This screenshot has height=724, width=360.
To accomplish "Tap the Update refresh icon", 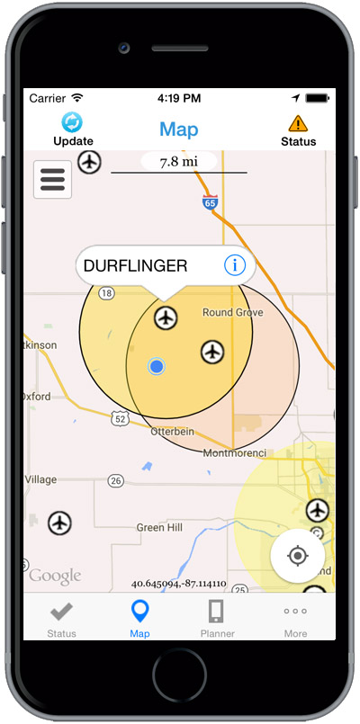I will (72, 122).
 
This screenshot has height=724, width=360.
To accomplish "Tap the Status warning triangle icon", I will (298, 122).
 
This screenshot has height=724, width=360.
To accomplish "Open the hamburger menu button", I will (52, 179).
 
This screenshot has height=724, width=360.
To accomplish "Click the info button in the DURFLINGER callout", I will (234, 265).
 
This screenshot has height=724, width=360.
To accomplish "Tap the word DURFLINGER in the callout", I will (135, 266).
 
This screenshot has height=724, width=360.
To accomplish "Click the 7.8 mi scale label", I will (178, 162).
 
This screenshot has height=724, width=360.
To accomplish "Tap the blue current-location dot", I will (157, 366).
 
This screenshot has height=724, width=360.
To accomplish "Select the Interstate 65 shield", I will (210, 201).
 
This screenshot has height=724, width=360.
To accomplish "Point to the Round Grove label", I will (232, 313).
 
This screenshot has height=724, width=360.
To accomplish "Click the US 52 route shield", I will (120, 418).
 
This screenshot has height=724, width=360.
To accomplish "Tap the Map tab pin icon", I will (139, 612).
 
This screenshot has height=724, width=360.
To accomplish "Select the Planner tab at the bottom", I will (217, 618).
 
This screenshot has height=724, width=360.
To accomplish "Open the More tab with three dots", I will (295, 618).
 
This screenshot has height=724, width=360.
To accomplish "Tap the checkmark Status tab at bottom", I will (61, 618).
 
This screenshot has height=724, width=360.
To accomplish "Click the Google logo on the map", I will (54, 576).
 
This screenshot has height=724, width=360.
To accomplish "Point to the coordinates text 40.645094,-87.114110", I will (178, 583).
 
